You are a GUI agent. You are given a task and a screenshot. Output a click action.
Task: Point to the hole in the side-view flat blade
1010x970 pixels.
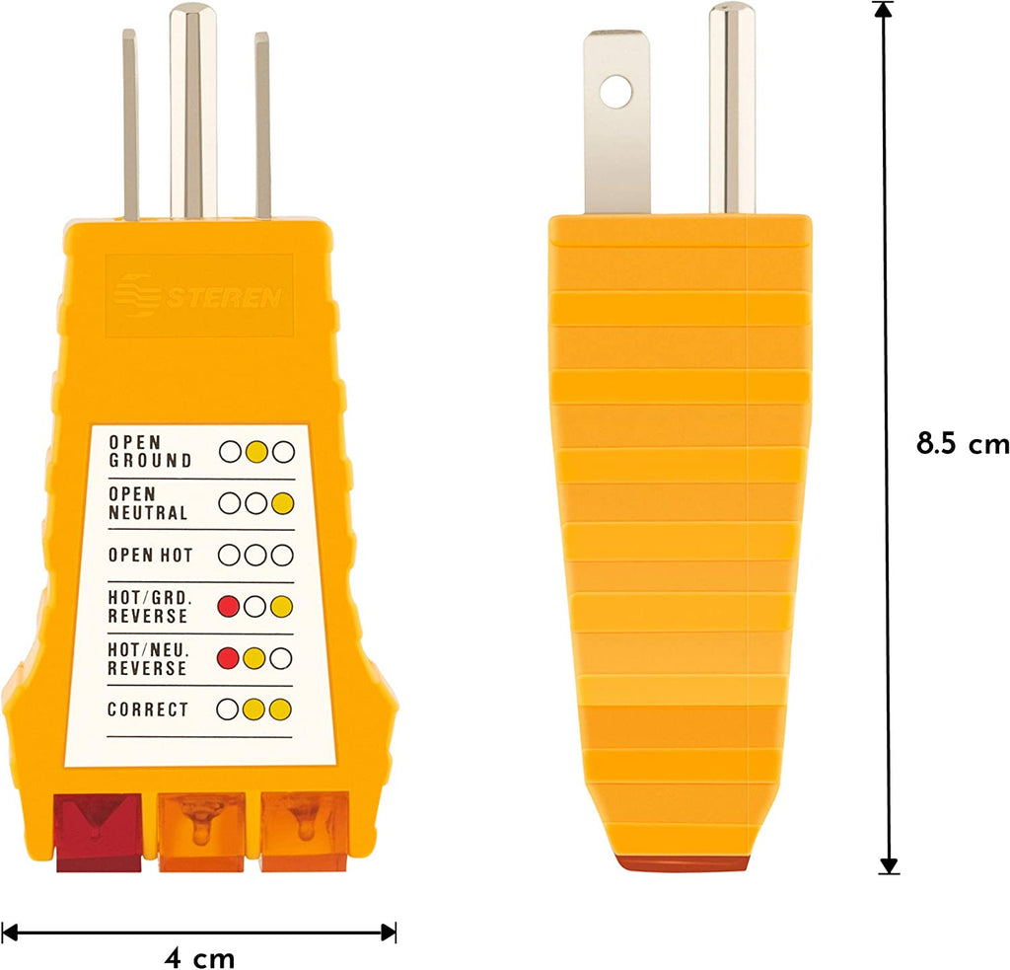617,93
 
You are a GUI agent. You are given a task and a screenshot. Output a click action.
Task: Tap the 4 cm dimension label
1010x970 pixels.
199,957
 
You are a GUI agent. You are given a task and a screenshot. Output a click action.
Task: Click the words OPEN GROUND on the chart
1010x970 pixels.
150,452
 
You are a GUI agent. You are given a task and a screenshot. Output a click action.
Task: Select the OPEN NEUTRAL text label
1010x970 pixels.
148,503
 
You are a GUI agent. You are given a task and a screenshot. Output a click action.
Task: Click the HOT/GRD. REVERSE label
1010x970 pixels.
148,607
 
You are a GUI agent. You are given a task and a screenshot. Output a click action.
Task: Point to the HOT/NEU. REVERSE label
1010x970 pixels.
148,658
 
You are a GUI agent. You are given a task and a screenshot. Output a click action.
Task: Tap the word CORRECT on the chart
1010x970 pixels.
148,709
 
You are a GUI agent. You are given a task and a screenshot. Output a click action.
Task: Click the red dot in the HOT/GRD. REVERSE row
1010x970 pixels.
229,607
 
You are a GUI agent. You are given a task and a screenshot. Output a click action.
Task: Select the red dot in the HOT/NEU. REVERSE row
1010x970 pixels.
229,658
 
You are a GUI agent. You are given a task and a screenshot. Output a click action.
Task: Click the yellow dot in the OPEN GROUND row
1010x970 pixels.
256,453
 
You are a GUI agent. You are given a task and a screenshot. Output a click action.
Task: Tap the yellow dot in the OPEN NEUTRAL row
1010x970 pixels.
283,503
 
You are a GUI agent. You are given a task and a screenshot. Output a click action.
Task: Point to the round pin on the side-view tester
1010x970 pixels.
732,109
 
